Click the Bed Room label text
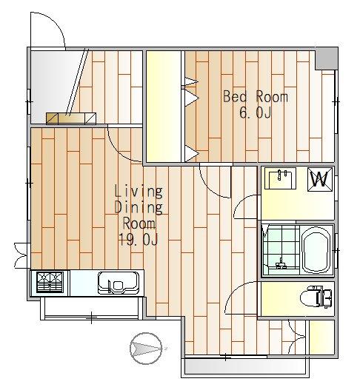[x=256, y=96]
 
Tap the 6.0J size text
[x=255, y=112]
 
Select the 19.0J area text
[x=139, y=239]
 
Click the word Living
[x=139, y=192]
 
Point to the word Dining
[x=139, y=208]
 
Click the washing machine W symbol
[x=320, y=179]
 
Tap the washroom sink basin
[x=280, y=178]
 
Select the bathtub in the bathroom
[x=316, y=250]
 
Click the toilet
[x=316, y=297]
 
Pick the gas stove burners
[x=50, y=282]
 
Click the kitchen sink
[x=119, y=283]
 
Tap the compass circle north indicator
[x=146, y=349]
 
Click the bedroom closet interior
[x=164, y=107]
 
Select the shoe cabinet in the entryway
[x=71, y=118]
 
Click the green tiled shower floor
[x=281, y=249]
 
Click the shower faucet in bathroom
[x=281, y=263]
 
